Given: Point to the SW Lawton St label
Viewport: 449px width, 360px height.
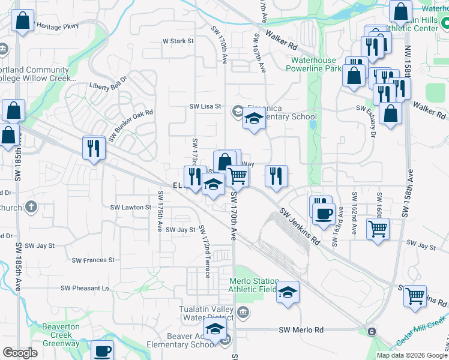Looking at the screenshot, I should [x=131, y=207].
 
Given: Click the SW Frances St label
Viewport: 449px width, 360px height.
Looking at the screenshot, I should [x=93, y=260].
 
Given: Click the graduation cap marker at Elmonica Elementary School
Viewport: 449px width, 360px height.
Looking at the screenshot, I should [x=255, y=119].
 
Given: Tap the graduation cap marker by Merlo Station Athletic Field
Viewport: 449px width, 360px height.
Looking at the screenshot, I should [x=288, y=292].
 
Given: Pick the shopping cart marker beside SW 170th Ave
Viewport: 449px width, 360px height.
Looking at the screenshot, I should [x=238, y=176].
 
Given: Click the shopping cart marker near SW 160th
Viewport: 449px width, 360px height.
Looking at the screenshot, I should [x=378, y=228].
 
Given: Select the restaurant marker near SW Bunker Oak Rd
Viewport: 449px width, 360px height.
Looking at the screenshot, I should [x=93, y=147].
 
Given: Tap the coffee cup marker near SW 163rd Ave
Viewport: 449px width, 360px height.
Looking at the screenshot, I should [x=324, y=214].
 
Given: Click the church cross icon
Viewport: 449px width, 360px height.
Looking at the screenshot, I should [x=31, y=208].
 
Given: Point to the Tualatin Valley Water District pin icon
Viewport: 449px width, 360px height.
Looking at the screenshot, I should [x=243, y=311].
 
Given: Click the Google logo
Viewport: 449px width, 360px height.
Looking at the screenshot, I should [x=20, y=353].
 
